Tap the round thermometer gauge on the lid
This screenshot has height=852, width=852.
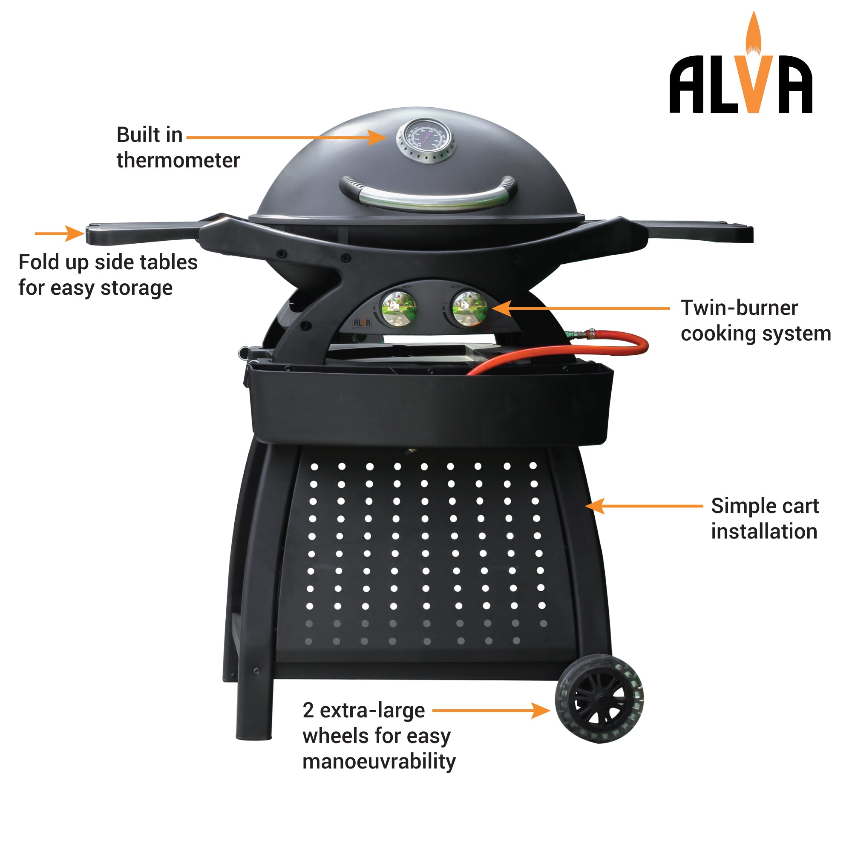point(426,140)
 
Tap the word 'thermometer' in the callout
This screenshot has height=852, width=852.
point(178,161)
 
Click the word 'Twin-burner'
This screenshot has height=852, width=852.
point(739,308)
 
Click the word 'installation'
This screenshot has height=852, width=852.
point(764,531)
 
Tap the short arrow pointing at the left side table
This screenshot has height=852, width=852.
point(60,233)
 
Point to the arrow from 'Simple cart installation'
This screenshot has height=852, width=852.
point(644,506)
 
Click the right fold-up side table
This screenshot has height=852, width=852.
point(701,231)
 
